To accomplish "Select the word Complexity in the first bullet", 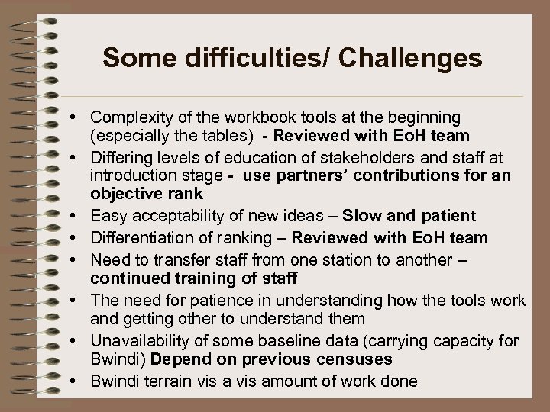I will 127,117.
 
